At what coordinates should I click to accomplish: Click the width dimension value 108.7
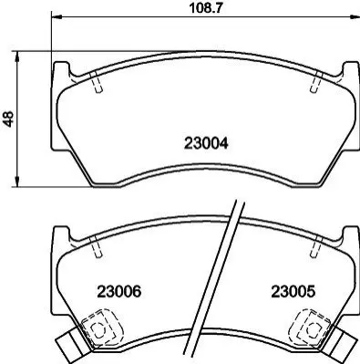point(206,7)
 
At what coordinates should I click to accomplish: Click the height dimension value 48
point(8,119)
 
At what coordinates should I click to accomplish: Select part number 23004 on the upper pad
point(206,143)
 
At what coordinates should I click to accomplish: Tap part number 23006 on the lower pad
point(119,292)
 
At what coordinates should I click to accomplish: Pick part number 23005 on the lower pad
point(293,292)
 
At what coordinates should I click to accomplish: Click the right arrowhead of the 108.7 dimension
point(354,16)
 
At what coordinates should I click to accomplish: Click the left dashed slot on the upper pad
point(97,82)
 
